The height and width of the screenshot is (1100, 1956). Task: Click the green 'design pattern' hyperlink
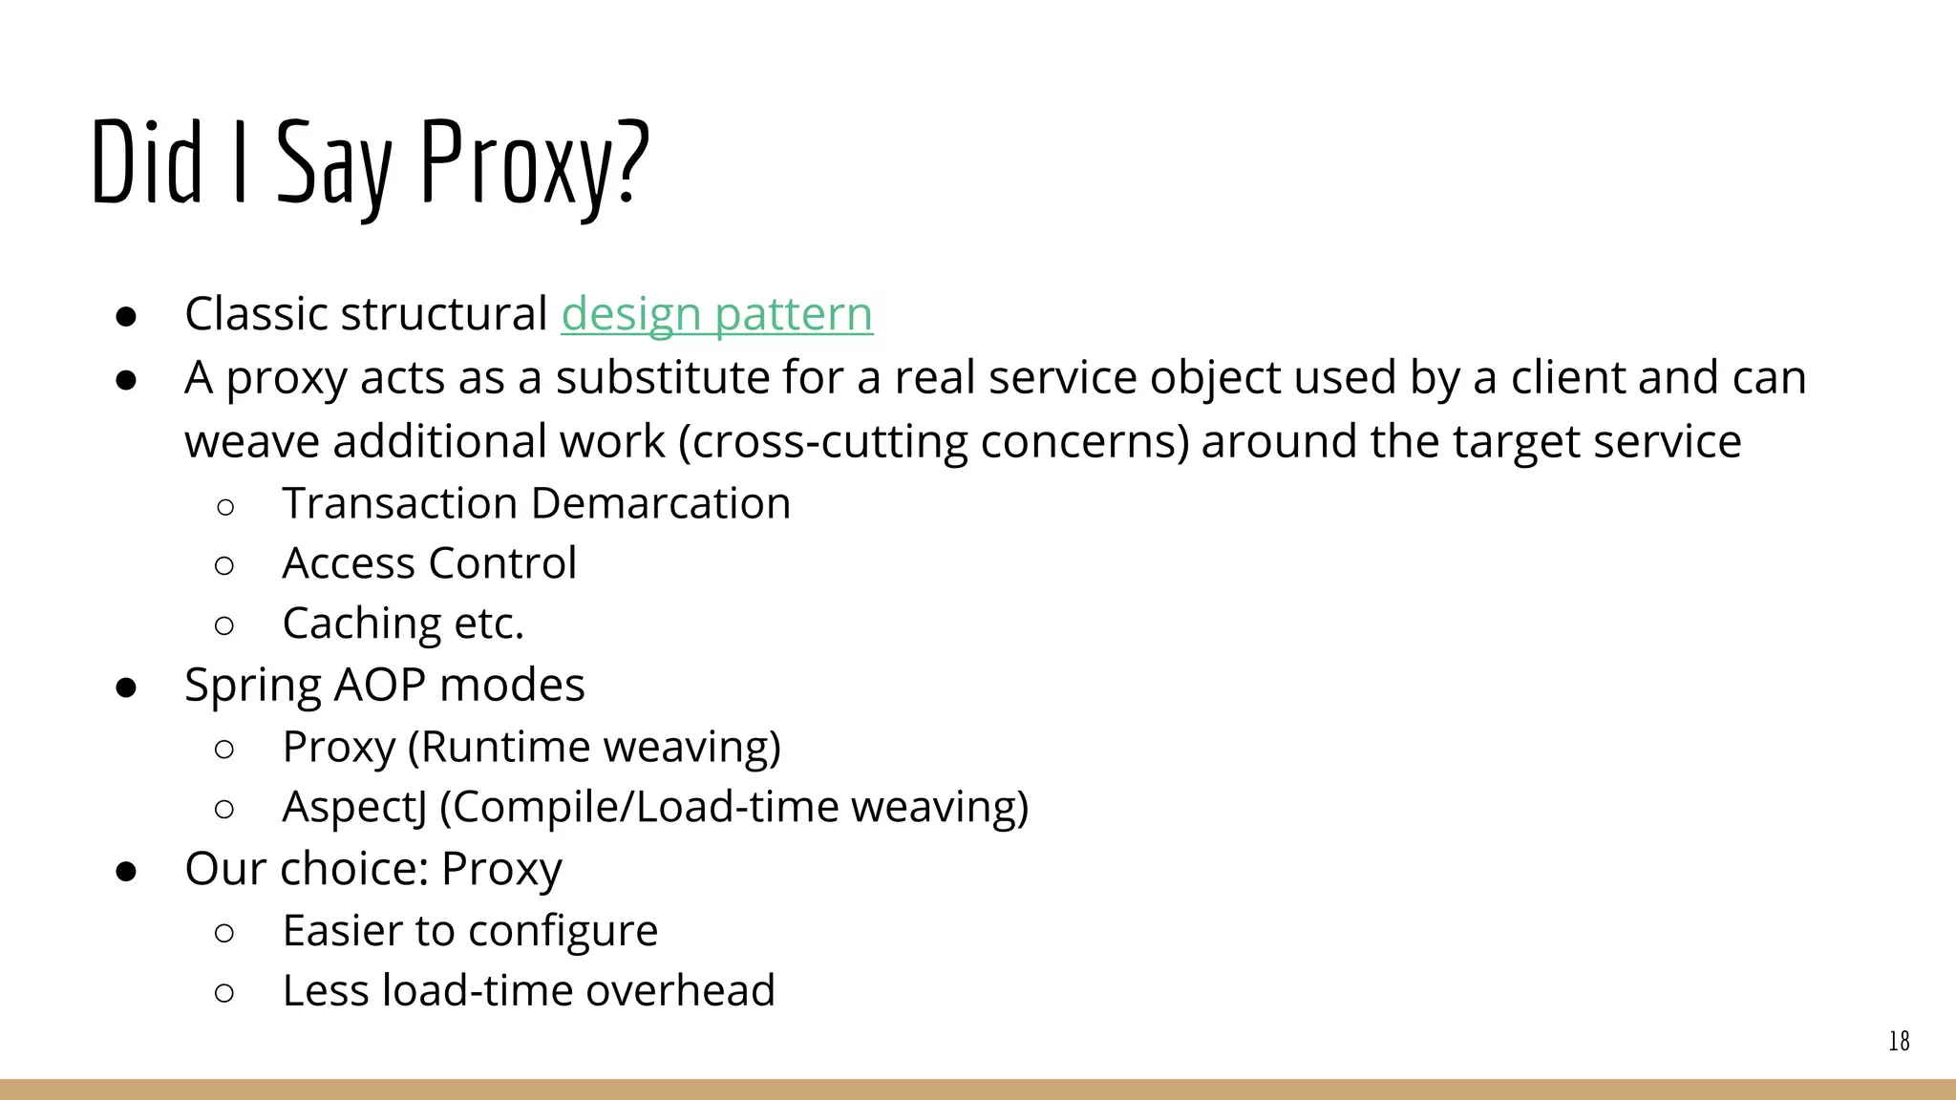click(x=716, y=314)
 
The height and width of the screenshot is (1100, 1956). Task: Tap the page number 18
click(x=1899, y=1041)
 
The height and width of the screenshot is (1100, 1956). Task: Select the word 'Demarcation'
click(x=661, y=503)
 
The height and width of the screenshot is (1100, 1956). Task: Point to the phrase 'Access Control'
click(x=429, y=563)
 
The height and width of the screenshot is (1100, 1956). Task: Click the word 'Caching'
click(x=362, y=624)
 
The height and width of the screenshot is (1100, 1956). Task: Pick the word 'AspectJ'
click(x=354, y=807)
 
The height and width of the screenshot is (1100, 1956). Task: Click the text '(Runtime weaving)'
click(x=594, y=747)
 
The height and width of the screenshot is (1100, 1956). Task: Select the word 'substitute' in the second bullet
click(x=664, y=377)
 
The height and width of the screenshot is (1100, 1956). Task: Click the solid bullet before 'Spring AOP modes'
click(x=126, y=687)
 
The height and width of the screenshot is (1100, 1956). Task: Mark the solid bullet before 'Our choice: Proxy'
click(x=126, y=871)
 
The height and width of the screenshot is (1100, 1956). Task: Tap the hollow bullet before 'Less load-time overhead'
click(x=224, y=993)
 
